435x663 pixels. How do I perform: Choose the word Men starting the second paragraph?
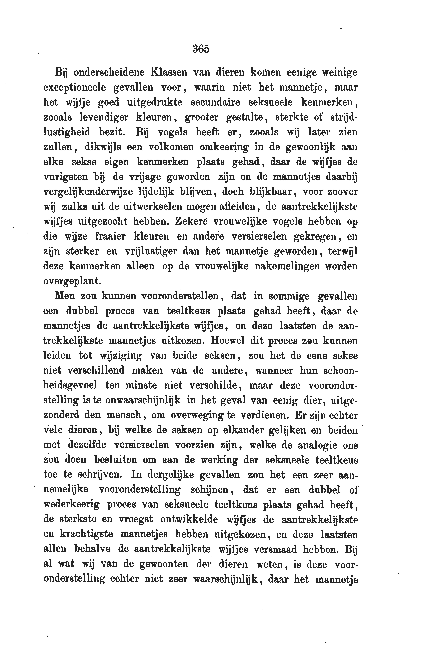click(x=65, y=296)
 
